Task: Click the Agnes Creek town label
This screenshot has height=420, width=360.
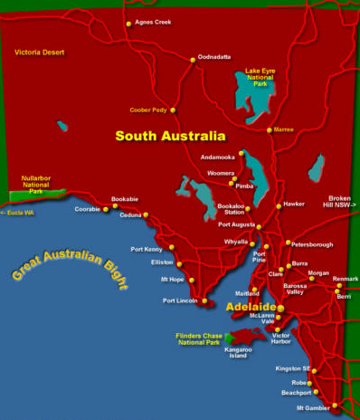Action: [x=153, y=22]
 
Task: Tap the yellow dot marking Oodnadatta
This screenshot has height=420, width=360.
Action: [x=193, y=61]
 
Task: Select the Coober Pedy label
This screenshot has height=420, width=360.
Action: [x=147, y=110]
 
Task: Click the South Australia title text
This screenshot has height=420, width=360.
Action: [x=170, y=137]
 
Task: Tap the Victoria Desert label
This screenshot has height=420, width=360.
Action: [x=40, y=52]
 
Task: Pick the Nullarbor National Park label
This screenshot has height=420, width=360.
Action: [x=38, y=185]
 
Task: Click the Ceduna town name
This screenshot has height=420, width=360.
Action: [x=131, y=215]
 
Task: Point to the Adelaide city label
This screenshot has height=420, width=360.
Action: [x=251, y=308]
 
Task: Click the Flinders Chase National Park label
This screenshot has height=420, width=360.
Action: [x=197, y=340]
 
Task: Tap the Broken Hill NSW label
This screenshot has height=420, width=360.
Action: [x=340, y=203]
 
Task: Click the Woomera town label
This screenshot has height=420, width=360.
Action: [x=220, y=172]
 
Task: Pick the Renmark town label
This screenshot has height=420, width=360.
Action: [x=345, y=279]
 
